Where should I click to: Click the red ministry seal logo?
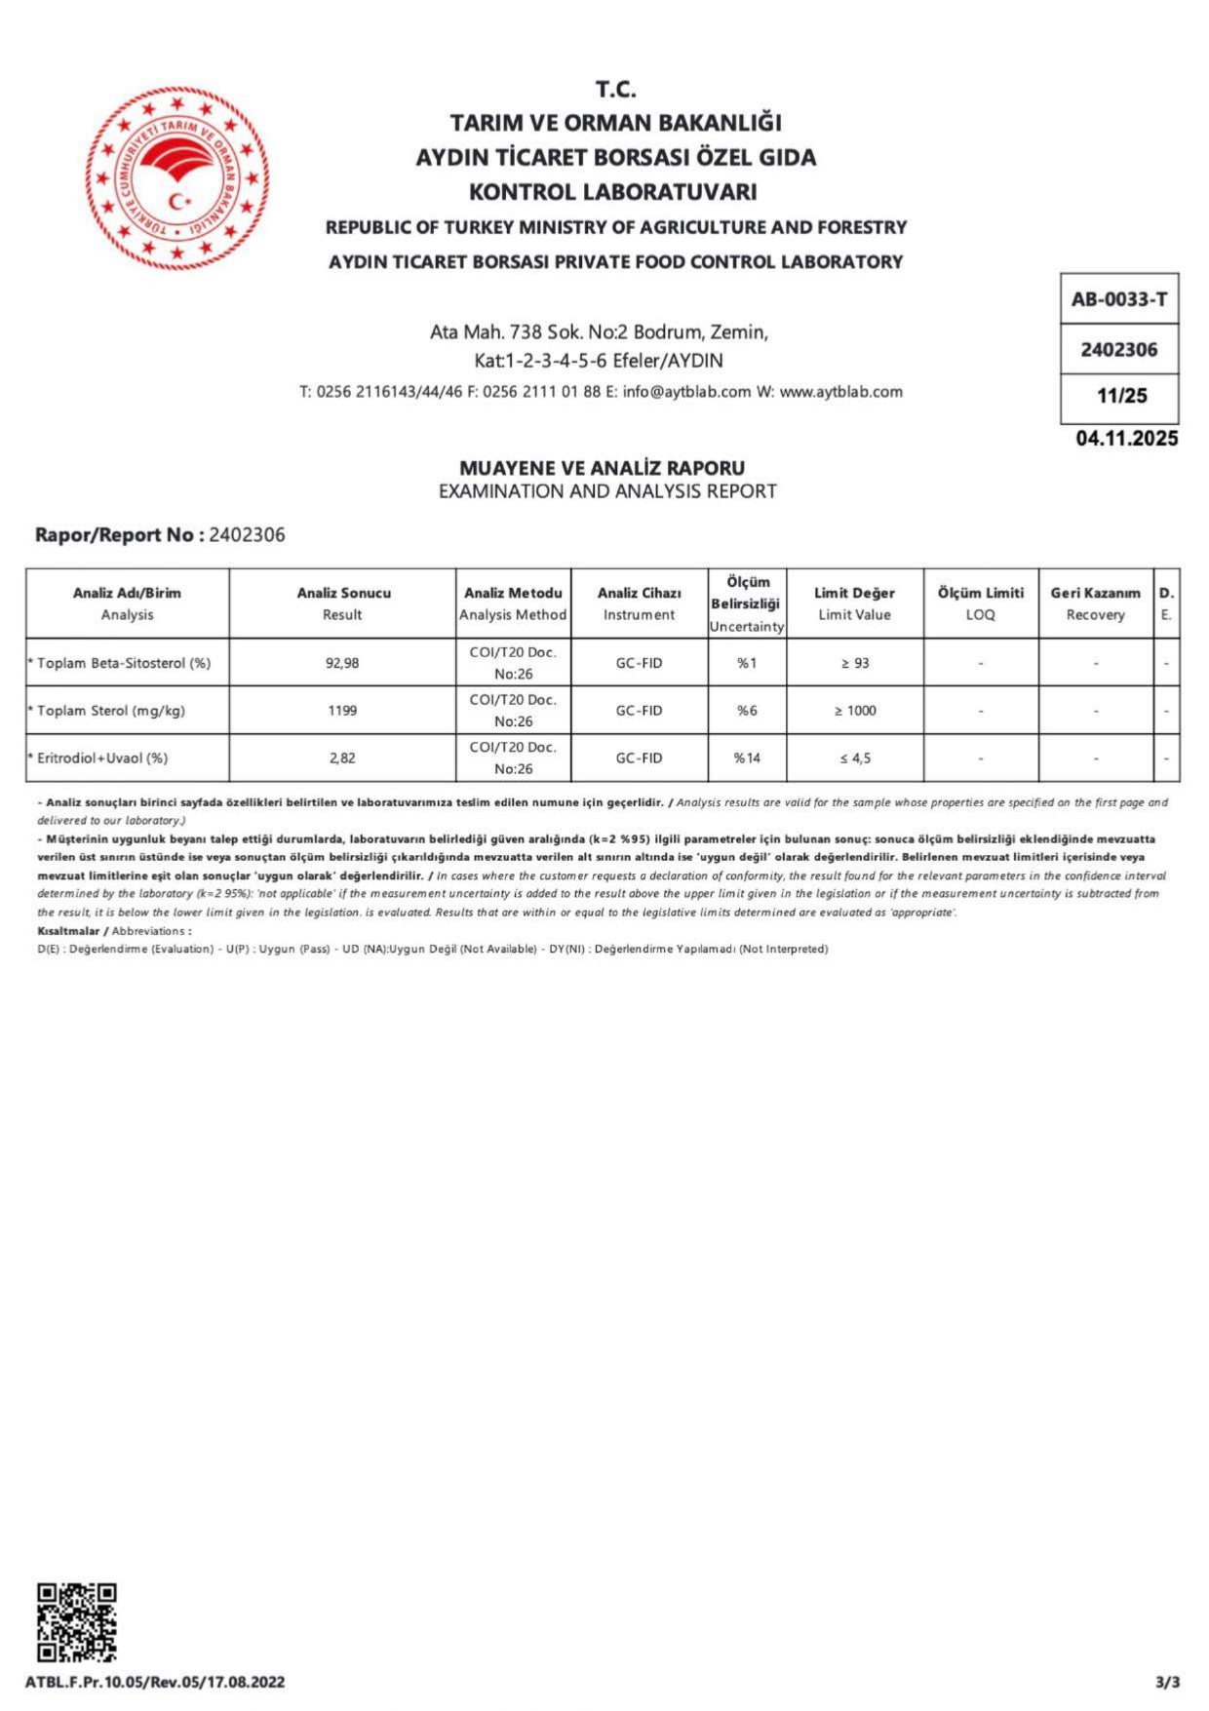(x=176, y=177)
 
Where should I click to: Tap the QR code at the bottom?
(x=77, y=1622)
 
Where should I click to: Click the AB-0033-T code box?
(x=1118, y=299)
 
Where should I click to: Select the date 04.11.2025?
(x=1126, y=439)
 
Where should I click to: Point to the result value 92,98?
(x=342, y=663)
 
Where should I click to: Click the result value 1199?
(x=342, y=711)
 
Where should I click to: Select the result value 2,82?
(x=342, y=758)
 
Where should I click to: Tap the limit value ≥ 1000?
(x=854, y=711)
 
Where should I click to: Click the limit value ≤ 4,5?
(x=854, y=758)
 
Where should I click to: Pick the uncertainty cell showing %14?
(x=746, y=758)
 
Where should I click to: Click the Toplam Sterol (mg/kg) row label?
(x=110, y=711)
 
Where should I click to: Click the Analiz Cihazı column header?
(x=639, y=603)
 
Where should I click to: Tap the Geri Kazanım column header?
(x=1095, y=603)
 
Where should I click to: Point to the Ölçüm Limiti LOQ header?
(x=980, y=603)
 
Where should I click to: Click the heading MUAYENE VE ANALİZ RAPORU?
(x=602, y=468)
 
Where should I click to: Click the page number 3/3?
(x=1167, y=1683)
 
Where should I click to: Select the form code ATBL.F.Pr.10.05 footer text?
(x=155, y=1683)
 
